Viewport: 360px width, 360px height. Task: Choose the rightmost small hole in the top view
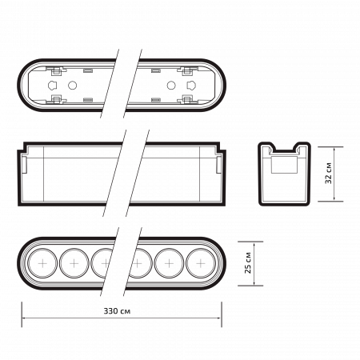pos(190,83)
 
